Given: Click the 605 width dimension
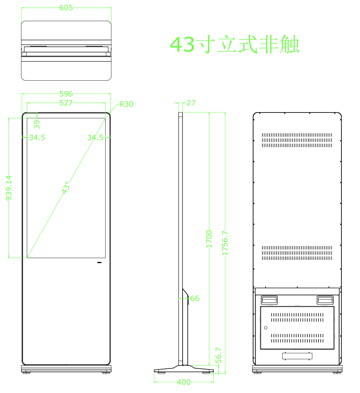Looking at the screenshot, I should pos(66,8).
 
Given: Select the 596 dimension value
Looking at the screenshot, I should pos(66,94).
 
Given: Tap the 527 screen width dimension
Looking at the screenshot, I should pos(66,103).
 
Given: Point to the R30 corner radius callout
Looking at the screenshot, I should pos(126,104).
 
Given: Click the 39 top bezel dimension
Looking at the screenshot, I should pos(37,124).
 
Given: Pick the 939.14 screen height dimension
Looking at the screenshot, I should pos(9,188).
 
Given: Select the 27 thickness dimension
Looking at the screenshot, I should pos(191,103).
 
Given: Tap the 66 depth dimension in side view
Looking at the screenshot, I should pos(195,298).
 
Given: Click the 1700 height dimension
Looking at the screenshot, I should pos(209,239).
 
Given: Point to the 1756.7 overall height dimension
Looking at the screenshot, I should pos(225,243).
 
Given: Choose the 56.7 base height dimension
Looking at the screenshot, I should pos(218,355).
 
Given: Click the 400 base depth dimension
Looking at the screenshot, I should pos(184,382).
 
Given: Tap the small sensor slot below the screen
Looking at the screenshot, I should pos(99,263).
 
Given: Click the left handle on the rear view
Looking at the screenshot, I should pos(269,300).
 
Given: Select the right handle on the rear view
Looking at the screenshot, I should pos(325,300).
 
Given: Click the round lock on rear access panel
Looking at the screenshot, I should pos(266,328).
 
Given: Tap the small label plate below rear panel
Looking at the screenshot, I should pos(297,356).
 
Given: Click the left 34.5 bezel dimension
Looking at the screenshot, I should pos(37,137).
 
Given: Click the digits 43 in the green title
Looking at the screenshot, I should pos(182,44).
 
